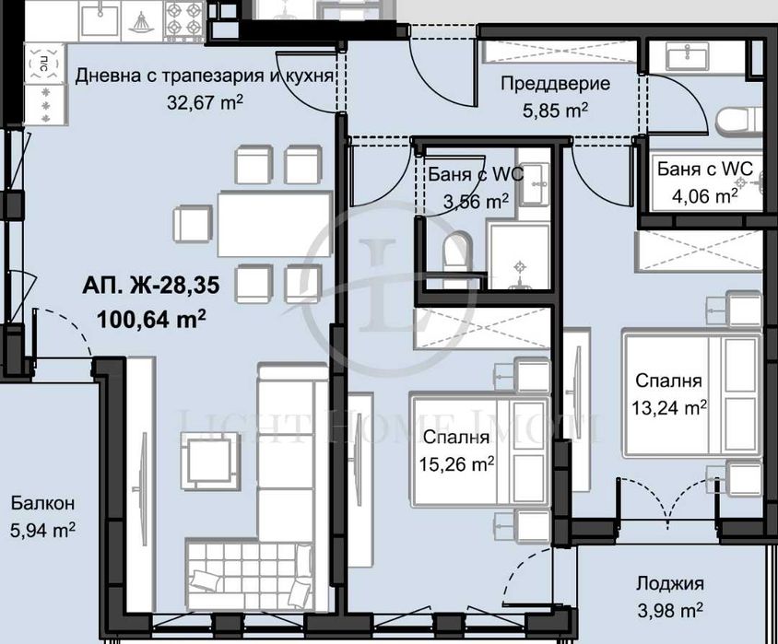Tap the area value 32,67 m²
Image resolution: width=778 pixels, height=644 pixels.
205,102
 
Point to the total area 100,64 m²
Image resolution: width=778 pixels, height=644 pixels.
150,319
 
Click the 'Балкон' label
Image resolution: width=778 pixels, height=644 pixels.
42,503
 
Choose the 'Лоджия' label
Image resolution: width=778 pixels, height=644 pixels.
669,583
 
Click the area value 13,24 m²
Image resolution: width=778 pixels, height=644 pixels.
670,406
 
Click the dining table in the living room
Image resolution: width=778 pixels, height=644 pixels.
274,222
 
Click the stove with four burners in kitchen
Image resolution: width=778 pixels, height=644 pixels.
183,18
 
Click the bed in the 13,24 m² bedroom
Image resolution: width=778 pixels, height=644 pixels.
691,394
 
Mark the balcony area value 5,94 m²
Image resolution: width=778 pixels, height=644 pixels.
42,530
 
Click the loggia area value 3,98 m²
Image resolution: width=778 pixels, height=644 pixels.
669,609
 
